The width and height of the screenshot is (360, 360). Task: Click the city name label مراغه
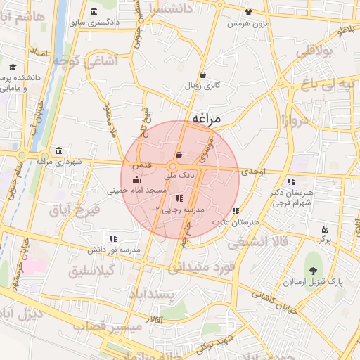click(205, 119)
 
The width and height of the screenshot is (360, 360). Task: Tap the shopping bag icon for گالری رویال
click(202, 75)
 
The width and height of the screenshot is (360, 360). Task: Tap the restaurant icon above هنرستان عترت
click(236, 211)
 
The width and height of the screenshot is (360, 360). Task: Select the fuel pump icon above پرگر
click(324, 229)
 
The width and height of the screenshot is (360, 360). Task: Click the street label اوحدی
click(253, 171)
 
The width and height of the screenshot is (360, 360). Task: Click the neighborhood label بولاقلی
click(316, 53)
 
